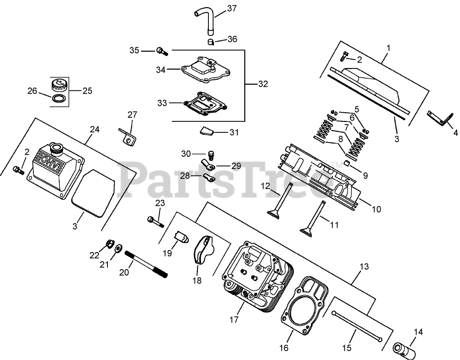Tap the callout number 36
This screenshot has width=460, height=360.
(x=232, y=39)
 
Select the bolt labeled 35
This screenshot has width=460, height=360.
(x=162, y=51)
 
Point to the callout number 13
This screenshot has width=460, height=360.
(x=364, y=267)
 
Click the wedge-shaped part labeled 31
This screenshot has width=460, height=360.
(x=206, y=132)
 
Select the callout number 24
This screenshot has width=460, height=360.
(x=94, y=130)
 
